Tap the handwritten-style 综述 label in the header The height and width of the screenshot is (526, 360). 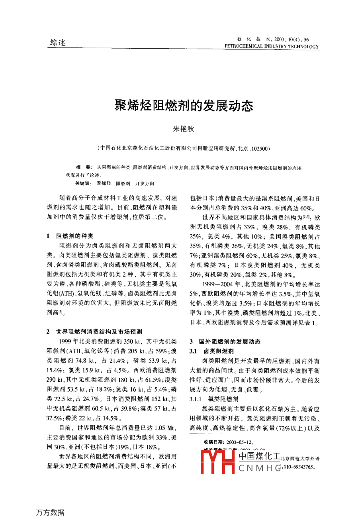click(58, 43)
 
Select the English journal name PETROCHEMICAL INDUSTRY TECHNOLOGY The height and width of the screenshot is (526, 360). click(272, 47)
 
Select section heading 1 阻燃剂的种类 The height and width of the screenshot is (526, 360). click(72, 236)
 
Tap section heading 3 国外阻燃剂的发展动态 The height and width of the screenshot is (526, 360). click(225, 342)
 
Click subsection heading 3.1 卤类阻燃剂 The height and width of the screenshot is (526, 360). click(213, 351)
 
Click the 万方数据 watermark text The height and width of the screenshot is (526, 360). click(50, 512)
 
